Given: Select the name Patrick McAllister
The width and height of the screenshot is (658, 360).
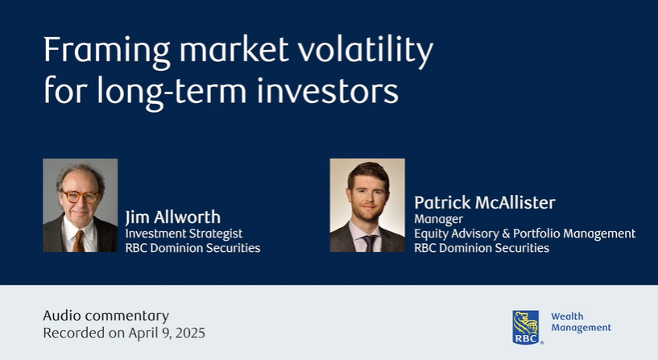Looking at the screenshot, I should point(484,202).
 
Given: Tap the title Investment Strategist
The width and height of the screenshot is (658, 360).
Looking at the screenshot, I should point(184,233).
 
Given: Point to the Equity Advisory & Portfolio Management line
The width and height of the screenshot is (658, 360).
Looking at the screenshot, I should point(524,233).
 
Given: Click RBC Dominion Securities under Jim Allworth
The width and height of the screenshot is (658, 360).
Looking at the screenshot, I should point(192,248).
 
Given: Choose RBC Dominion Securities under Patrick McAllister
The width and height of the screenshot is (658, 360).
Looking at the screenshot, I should point(482,248).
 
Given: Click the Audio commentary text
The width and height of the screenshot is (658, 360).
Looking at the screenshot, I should point(106,315).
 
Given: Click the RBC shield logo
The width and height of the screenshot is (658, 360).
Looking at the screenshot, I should point(527,327).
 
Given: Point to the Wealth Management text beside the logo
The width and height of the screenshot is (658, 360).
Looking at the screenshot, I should point(580,322).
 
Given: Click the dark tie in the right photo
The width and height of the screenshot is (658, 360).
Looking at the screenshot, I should point(368,242).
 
